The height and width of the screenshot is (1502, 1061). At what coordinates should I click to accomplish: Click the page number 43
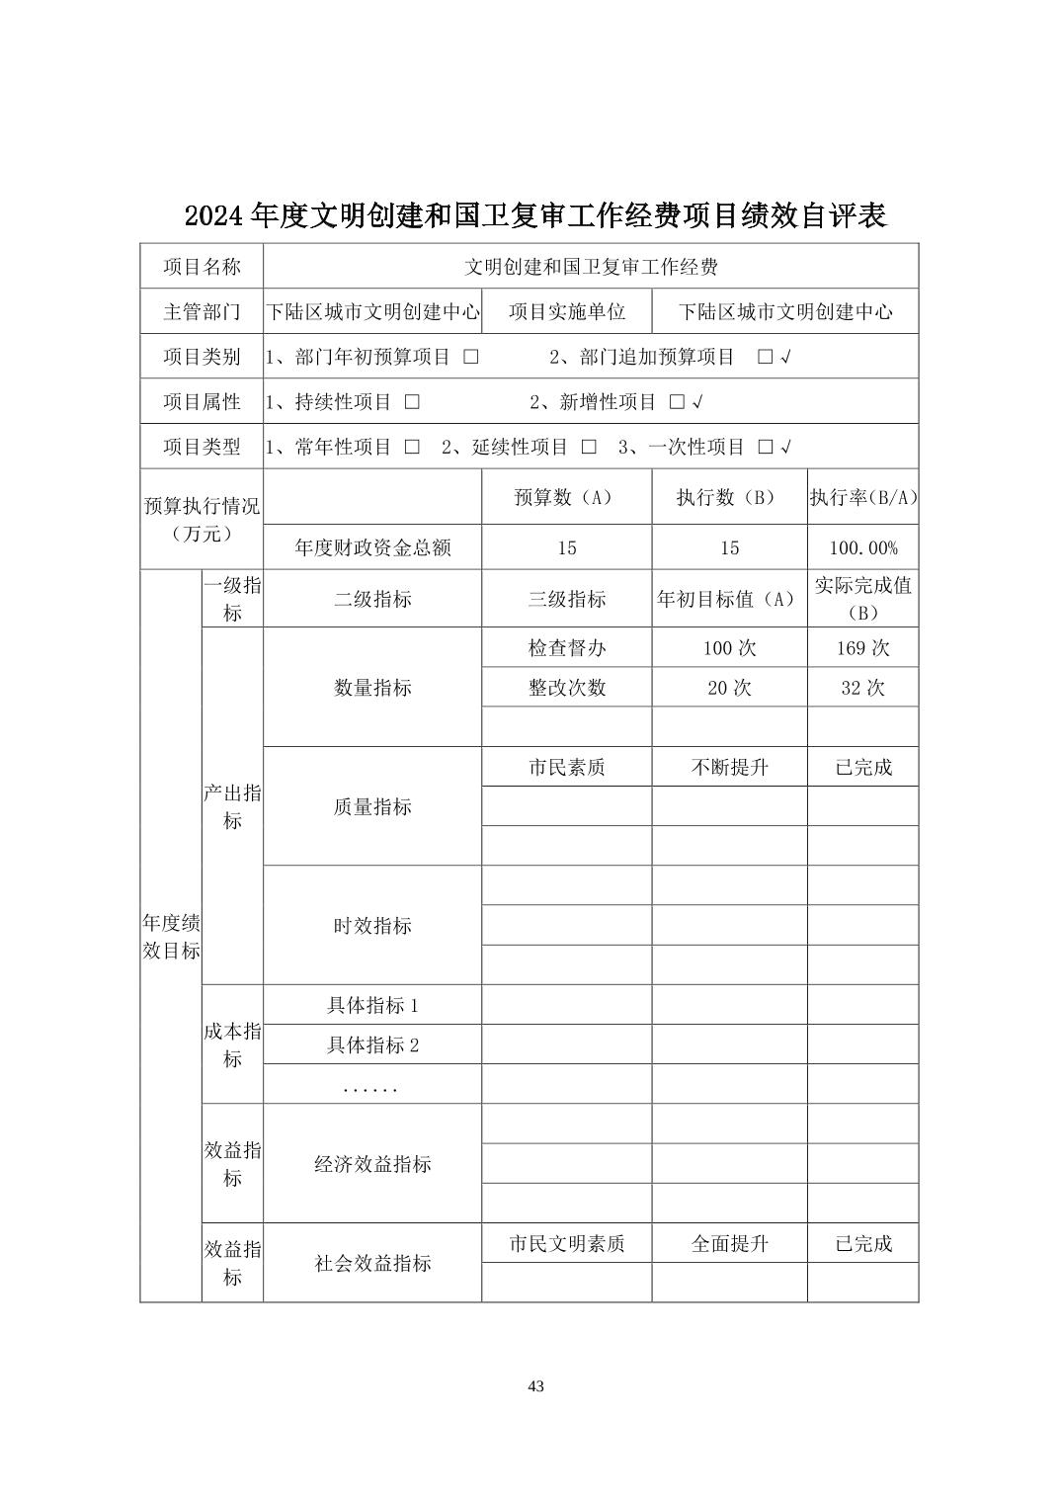tap(535, 1385)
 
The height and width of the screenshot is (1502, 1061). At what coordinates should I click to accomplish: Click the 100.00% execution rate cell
tap(862, 547)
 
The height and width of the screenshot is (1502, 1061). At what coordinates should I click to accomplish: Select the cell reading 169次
tap(862, 648)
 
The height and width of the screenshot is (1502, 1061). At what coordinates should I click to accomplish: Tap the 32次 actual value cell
tap(862, 688)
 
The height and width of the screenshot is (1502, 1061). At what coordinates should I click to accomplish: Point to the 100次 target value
tap(729, 648)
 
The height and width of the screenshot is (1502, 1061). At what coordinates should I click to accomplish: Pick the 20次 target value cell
tap(729, 688)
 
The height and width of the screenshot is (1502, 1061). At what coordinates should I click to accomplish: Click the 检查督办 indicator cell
tap(566, 648)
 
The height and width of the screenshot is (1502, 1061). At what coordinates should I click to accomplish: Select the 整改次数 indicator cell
tap(566, 688)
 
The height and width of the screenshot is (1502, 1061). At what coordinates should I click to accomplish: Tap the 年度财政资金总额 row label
tap(372, 547)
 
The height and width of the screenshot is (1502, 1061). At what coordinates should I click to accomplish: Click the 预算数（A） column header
tap(566, 497)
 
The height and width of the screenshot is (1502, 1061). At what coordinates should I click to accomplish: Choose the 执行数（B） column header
tap(729, 497)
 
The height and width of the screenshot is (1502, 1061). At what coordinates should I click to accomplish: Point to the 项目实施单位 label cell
tap(566, 311)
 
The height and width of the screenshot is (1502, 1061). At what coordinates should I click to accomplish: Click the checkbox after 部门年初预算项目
tap(471, 357)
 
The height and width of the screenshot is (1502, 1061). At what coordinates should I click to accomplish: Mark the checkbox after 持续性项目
tap(412, 402)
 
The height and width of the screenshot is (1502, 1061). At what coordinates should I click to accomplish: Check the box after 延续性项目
tap(589, 447)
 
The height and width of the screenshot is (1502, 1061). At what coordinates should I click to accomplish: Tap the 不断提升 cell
tap(729, 767)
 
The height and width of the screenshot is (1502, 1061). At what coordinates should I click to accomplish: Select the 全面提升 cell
tap(729, 1243)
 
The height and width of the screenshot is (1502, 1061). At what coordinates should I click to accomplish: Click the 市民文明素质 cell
tap(566, 1243)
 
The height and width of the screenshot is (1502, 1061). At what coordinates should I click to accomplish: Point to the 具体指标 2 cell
tap(372, 1044)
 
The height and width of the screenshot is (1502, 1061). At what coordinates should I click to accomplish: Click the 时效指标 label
tap(372, 925)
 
